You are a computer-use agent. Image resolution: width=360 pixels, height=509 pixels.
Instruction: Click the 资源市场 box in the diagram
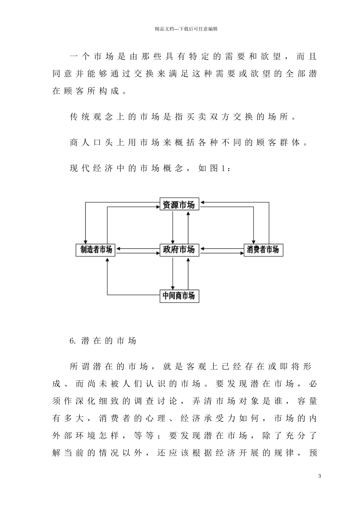(179, 205)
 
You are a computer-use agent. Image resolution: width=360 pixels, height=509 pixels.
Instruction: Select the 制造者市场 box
(96, 250)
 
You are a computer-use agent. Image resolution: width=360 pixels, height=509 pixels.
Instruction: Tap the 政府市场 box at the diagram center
(179, 250)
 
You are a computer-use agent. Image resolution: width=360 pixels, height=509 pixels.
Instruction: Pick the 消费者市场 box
(263, 250)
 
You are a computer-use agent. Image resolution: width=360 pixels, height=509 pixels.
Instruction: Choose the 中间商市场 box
(179, 295)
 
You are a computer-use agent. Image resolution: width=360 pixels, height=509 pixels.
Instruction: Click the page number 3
(319, 476)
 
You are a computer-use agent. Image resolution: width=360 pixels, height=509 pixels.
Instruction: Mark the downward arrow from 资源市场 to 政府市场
(173, 227)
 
